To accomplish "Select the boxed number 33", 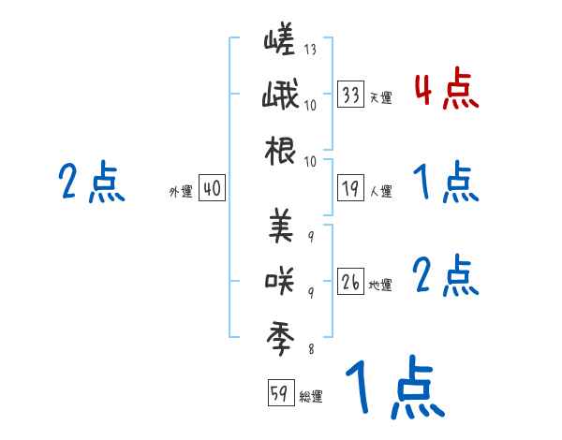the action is click(351, 95).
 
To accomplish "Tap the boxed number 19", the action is click(351, 189).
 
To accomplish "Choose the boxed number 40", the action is click(212, 189).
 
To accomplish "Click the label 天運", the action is click(380, 97).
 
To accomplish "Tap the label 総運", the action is click(311, 396).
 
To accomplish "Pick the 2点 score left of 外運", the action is click(91, 183).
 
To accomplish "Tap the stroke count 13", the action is click(309, 50).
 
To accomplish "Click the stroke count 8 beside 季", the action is click(310, 349).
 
